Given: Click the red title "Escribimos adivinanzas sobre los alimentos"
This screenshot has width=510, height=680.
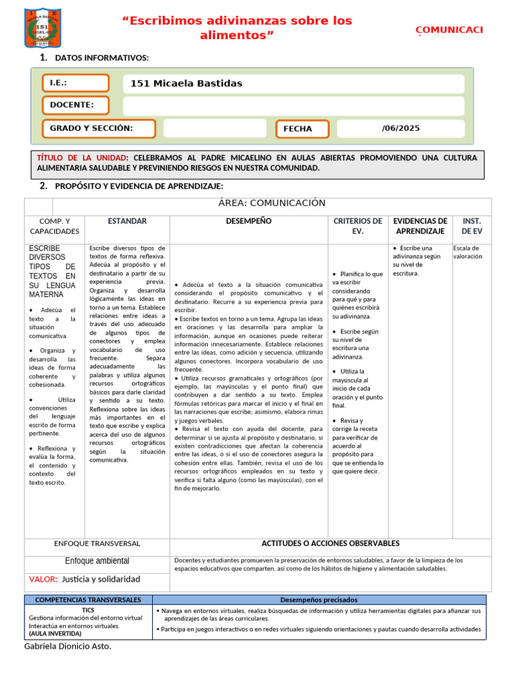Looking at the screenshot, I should (237, 28).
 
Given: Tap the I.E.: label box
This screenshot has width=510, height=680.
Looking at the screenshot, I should (76, 83).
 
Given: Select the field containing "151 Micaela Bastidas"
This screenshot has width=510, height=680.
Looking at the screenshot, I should (293, 84).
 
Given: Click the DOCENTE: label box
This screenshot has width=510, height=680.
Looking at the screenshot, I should (76, 105).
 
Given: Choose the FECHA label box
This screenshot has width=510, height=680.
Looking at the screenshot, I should (302, 129).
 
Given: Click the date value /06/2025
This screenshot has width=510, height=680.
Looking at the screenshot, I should (400, 128).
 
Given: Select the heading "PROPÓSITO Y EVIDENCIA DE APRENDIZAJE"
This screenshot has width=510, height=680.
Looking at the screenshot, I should (139, 186).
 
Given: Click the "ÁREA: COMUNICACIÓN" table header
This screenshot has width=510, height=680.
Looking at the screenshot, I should (272, 203).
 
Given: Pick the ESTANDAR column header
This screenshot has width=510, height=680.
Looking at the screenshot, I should (127, 221).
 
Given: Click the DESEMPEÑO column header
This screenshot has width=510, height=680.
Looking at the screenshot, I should (248, 221).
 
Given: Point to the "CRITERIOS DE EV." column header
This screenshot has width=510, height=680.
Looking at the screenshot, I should (357, 226).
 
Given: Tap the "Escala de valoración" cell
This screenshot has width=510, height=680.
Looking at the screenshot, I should (468, 252).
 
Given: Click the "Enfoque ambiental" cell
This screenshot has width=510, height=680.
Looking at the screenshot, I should (97, 561).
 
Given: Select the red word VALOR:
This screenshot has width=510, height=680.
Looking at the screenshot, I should (43, 579).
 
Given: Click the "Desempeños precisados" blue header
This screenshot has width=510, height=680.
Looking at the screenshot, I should (319, 600).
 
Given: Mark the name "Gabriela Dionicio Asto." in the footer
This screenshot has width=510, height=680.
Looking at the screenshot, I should (68, 646).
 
